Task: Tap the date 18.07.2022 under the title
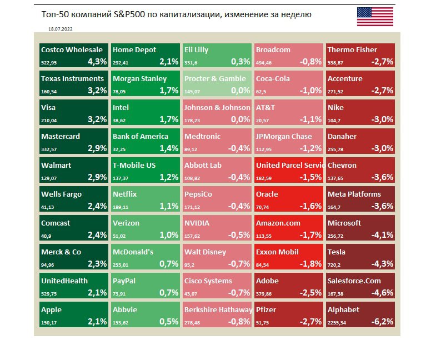click(x=59, y=27)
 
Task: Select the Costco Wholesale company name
click(x=72, y=49)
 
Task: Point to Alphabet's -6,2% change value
click(x=382, y=322)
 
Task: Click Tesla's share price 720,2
click(x=335, y=264)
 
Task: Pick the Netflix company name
click(x=124, y=194)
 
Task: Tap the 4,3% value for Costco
click(x=96, y=62)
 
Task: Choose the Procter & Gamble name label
click(x=214, y=78)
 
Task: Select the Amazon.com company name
click(x=278, y=223)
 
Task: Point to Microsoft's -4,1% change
click(x=382, y=235)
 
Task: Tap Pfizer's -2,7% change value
click(x=310, y=322)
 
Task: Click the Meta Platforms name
click(x=354, y=194)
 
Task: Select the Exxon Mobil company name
click(x=277, y=252)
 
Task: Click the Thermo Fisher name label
click(x=352, y=49)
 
